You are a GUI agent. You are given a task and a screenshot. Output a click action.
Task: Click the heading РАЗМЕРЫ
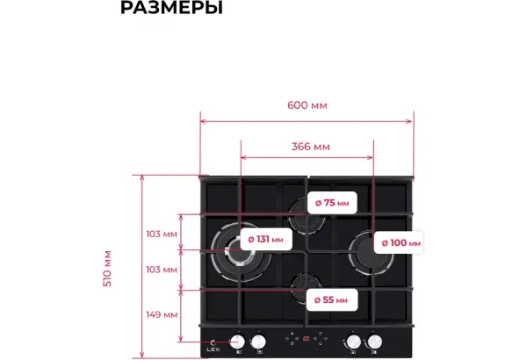(x=171, y=7)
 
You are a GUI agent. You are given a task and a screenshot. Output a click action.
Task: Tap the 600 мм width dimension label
(x=307, y=105)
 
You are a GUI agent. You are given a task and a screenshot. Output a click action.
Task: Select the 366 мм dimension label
(x=311, y=147)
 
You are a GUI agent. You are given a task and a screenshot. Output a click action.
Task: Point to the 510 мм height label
(x=107, y=269)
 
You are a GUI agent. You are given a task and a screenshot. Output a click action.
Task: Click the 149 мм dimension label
(x=162, y=315)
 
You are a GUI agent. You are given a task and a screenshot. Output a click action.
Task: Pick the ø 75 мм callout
(x=332, y=203)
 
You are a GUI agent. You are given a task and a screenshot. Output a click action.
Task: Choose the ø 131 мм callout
(x=266, y=240)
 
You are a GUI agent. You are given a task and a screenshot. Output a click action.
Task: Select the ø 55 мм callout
(x=331, y=299)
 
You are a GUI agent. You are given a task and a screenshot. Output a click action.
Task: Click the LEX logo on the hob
(x=213, y=346)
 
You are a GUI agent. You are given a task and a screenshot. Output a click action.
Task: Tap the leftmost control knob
(x=237, y=342)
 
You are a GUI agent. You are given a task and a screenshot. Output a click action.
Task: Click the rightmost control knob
(x=375, y=342)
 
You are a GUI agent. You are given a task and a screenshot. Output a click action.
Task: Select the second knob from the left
(x=258, y=342)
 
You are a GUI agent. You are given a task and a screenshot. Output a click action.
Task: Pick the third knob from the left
(x=354, y=342)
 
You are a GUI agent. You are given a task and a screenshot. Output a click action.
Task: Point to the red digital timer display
(x=307, y=339)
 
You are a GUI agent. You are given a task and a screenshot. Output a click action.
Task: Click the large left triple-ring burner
(x=241, y=252)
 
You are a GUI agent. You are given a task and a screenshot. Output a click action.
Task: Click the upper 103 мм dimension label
(x=162, y=234)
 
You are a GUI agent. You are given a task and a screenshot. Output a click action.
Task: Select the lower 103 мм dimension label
(x=162, y=270)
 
